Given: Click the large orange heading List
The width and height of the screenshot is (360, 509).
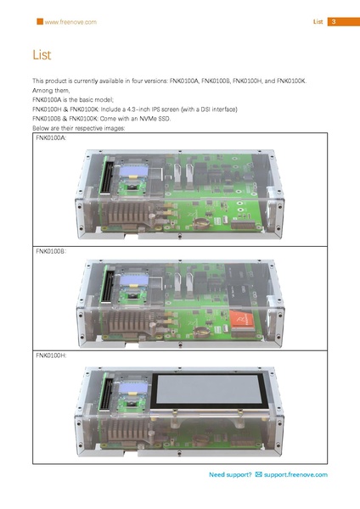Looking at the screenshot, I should coord(42,55).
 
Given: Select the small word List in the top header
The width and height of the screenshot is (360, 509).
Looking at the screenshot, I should coord(318,21).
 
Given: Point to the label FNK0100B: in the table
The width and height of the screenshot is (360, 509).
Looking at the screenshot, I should coord(51,252).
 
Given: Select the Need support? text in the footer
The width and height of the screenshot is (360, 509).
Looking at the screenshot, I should coord(229,474).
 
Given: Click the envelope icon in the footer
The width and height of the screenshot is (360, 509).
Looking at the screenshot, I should coord(258,474).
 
